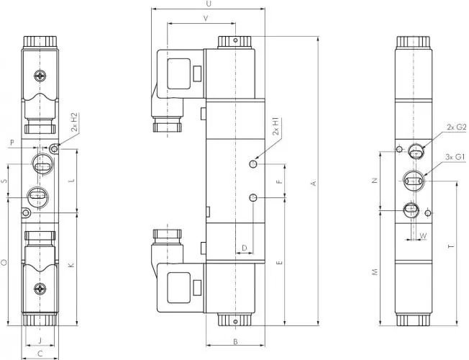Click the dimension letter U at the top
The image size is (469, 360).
point(208,4)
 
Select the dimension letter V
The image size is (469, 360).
point(206,17)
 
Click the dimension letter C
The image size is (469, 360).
point(40,353)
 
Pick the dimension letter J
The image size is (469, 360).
point(40,339)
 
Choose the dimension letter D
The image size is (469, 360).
point(245,248)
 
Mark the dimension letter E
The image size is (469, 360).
point(279,263)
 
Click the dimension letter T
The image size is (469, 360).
point(450,247)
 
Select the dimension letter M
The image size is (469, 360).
point(375,272)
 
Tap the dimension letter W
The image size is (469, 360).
point(423,235)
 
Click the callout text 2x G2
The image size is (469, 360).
point(457,127)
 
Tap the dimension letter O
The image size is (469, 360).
point(4,263)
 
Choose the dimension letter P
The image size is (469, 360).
point(12,143)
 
